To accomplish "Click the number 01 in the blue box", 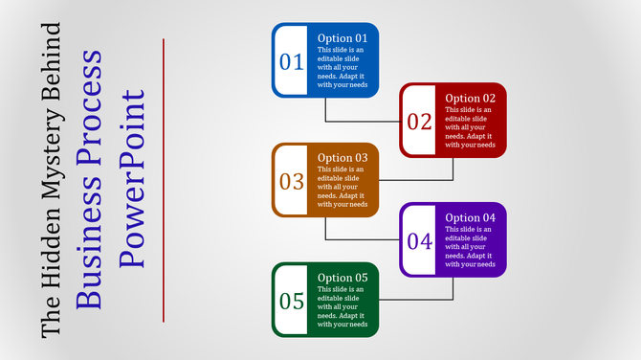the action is [x=291, y=62].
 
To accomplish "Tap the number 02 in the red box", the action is [x=419, y=122].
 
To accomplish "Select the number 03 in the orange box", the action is [x=291, y=181].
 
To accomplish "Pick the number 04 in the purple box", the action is [x=419, y=241].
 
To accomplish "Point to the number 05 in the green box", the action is [x=291, y=301].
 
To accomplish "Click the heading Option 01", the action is [x=343, y=38].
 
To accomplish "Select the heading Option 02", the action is [x=470, y=98].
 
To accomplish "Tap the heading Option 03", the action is [x=343, y=157].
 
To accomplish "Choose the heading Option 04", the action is [x=470, y=217].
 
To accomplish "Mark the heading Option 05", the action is [x=343, y=277].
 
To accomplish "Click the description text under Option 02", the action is [x=470, y=127].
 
